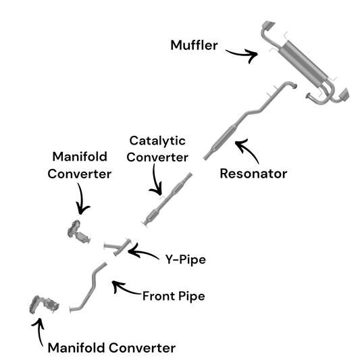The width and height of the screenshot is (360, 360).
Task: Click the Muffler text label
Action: pyautogui.click(x=194, y=45)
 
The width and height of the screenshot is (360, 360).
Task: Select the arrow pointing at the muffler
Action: pyautogui.click(x=243, y=55)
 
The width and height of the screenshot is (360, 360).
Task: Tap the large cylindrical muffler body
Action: pyautogui.click(x=303, y=63)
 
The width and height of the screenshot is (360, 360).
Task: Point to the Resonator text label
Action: pyautogui.click(x=253, y=174)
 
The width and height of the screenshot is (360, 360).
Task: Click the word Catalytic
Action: pyautogui.click(x=157, y=141)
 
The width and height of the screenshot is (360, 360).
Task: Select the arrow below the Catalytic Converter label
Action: pyautogui.click(x=155, y=182)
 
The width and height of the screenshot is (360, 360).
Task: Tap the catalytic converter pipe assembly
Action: pyautogui.click(x=167, y=201)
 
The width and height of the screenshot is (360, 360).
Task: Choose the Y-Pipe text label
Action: pyautogui.click(x=186, y=259)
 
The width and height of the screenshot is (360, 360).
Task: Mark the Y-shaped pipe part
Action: pyautogui.click(x=118, y=247)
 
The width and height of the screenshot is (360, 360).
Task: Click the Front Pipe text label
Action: pyautogui.click(x=174, y=296)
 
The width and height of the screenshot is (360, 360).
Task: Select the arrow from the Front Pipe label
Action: pyautogui.click(x=125, y=290)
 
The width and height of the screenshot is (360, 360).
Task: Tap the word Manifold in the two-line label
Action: pyautogui.click(x=80, y=157)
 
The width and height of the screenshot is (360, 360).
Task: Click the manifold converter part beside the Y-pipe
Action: pyautogui.click(x=78, y=232)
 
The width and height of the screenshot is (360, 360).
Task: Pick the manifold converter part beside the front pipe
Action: pyautogui.click(x=44, y=305)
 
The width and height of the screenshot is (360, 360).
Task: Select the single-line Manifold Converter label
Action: pyautogui.click(x=111, y=348)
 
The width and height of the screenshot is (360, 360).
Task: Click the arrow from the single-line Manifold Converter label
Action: pyautogui.click(x=39, y=330)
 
